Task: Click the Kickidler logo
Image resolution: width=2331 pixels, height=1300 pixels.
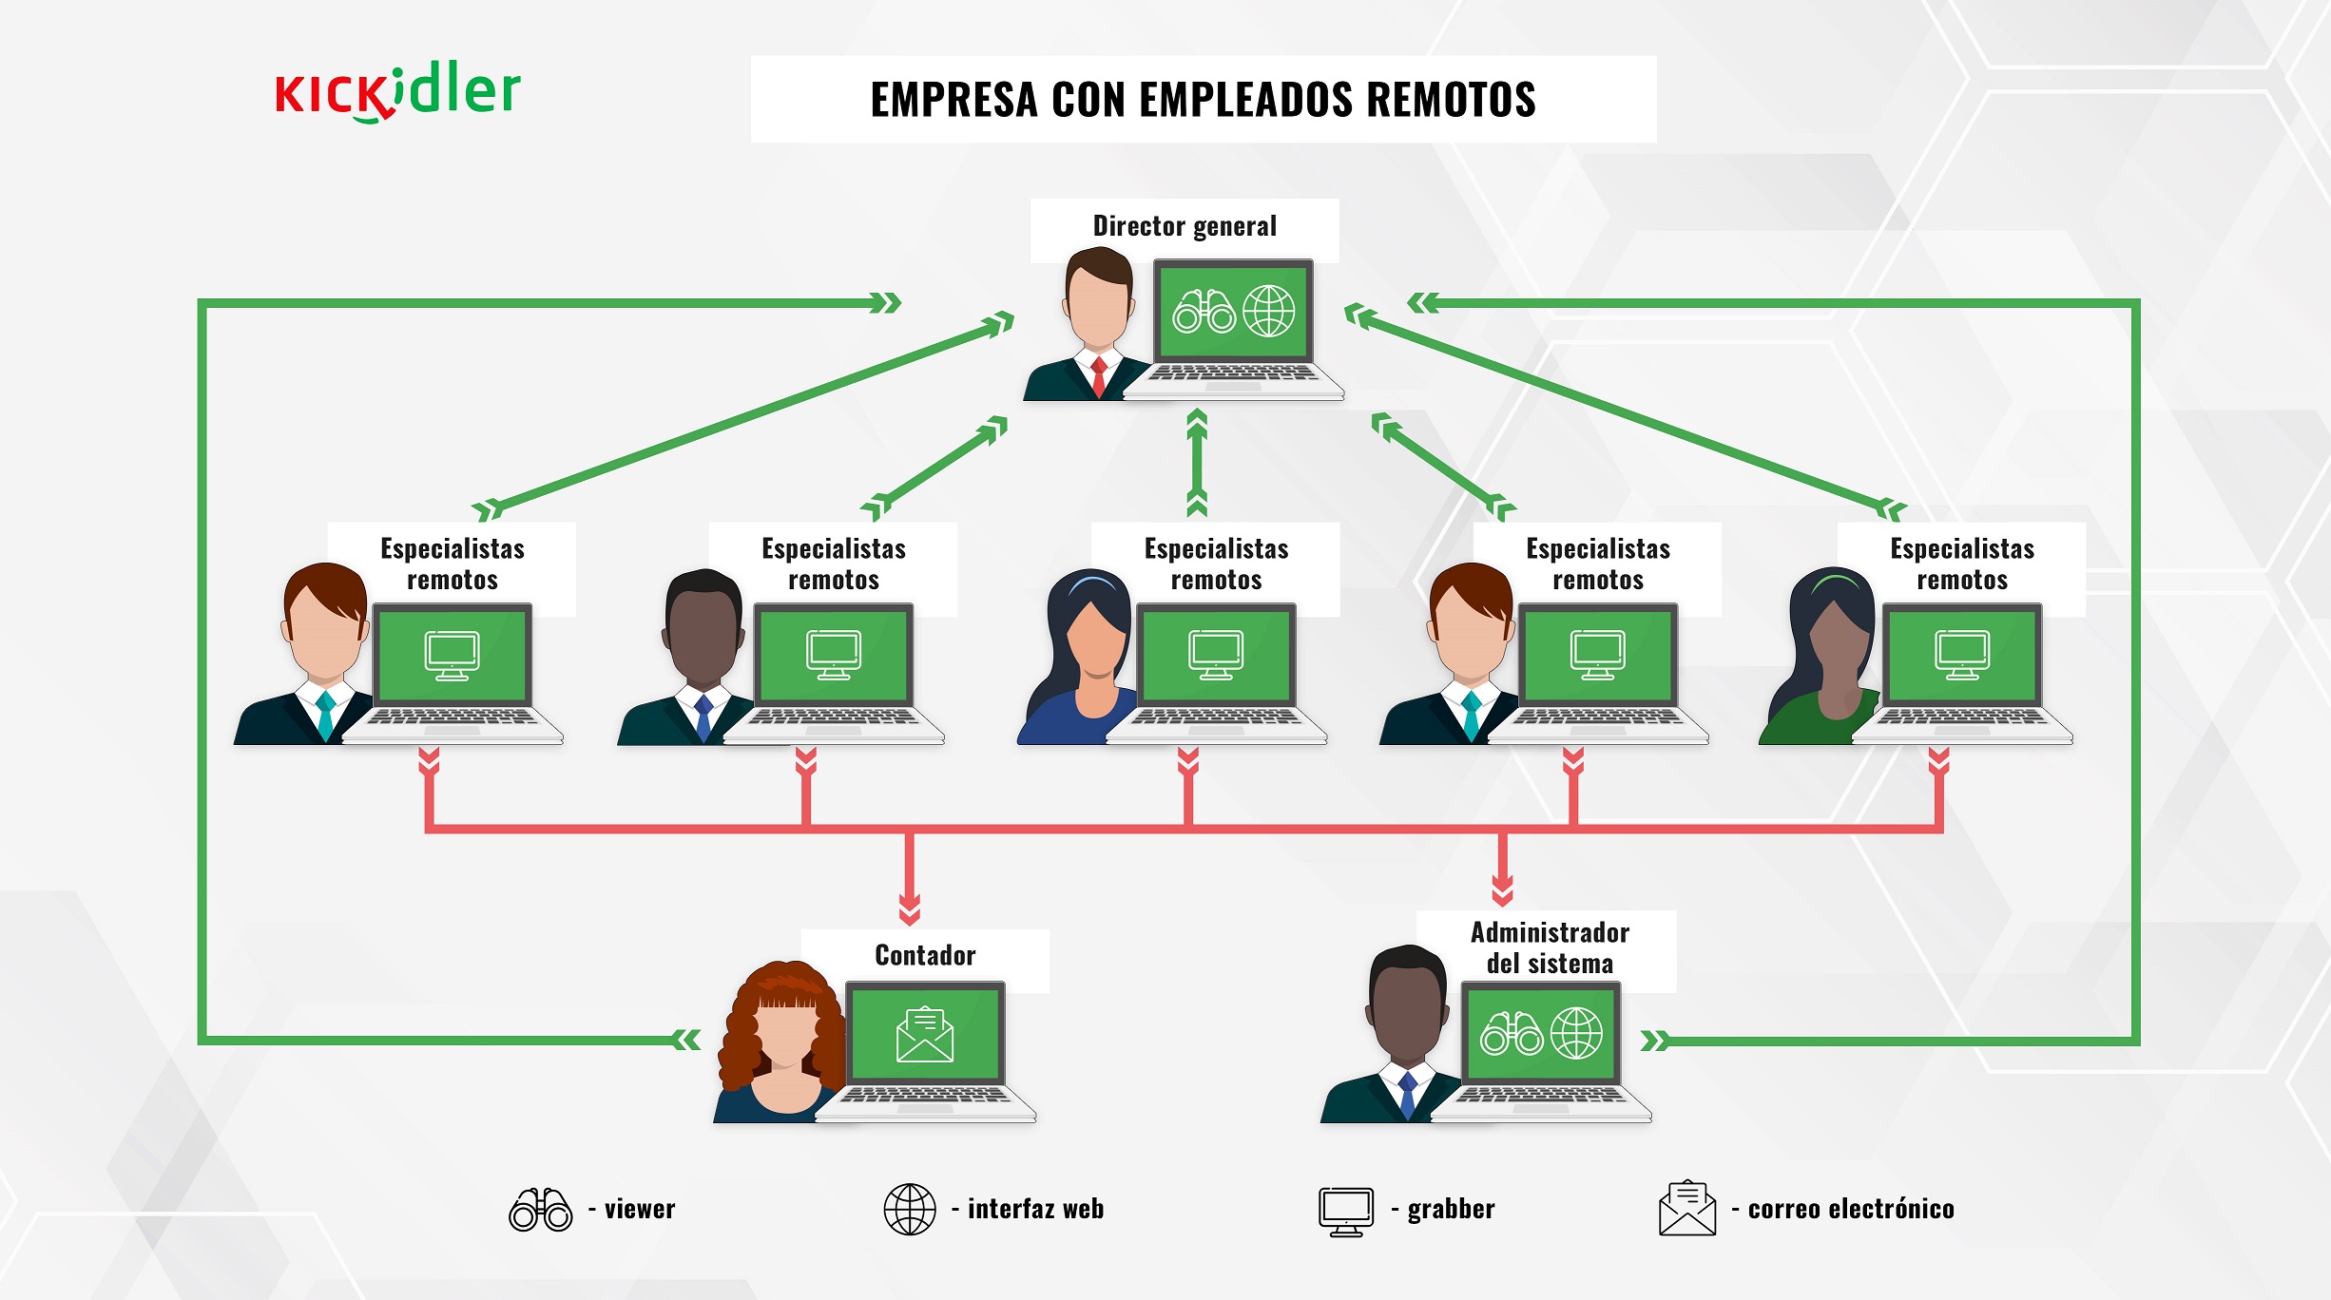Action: pyautogui.click(x=397, y=92)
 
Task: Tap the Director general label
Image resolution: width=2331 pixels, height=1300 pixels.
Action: pyautogui.click(x=1185, y=226)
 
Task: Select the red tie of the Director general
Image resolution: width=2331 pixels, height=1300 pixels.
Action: pyautogui.click(x=1098, y=376)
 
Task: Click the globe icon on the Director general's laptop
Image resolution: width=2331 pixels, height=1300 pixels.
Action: pyautogui.click(x=1268, y=311)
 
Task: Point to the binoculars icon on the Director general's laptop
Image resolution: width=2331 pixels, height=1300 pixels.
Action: pyautogui.click(x=1204, y=312)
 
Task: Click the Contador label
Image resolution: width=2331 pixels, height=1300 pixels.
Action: pyautogui.click(x=925, y=955)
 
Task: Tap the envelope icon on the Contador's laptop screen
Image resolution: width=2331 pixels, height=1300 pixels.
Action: pyautogui.click(x=924, y=1035)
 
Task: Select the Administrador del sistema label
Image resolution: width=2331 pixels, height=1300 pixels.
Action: pyautogui.click(x=1550, y=947)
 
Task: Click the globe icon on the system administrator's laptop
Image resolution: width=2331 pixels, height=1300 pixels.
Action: pyautogui.click(x=1576, y=1033)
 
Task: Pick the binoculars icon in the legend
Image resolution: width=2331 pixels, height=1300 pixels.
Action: pyautogui.click(x=540, y=1210)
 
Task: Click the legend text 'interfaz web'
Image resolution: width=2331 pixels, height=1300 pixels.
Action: pyautogui.click(x=1035, y=1209)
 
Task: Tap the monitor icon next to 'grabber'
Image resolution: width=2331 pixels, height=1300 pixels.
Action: pyautogui.click(x=1346, y=1212)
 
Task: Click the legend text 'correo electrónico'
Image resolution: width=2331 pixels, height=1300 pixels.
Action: pyautogui.click(x=1851, y=1209)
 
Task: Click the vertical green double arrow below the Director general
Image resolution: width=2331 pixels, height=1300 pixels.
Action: pyautogui.click(x=1197, y=463)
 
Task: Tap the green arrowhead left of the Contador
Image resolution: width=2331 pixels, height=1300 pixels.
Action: pyautogui.click(x=686, y=1040)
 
